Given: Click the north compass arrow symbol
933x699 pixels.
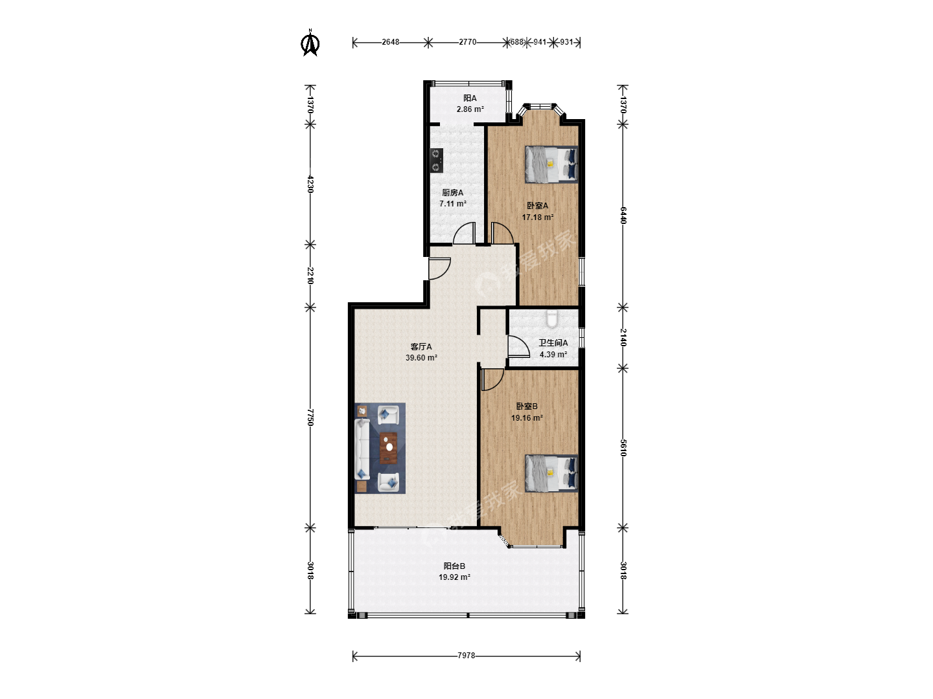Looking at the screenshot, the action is [310, 43].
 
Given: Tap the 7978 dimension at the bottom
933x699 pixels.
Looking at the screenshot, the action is [466, 655].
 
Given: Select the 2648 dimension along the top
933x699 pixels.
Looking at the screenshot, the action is [390, 42].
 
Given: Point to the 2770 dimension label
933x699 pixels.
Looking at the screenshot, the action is [467, 42].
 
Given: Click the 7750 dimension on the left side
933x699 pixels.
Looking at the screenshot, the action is [310, 417].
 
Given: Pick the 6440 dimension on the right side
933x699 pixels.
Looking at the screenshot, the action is [623, 215].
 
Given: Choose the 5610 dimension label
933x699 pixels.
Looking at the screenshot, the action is [623, 448].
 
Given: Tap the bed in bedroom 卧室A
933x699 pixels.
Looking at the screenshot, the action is [551, 164].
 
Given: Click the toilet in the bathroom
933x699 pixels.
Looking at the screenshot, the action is [552, 319].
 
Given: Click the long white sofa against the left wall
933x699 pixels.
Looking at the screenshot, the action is [362, 449].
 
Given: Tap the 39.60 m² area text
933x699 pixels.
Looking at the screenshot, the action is [421, 358].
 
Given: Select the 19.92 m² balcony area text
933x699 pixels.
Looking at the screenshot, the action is [454, 577].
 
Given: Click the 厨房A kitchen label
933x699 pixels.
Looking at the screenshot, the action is [453, 193].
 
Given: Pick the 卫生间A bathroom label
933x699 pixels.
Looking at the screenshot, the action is [553, 343].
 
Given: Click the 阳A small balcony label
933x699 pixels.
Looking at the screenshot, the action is [470, 98].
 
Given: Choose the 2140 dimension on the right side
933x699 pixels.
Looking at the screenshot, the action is [623, 337].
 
